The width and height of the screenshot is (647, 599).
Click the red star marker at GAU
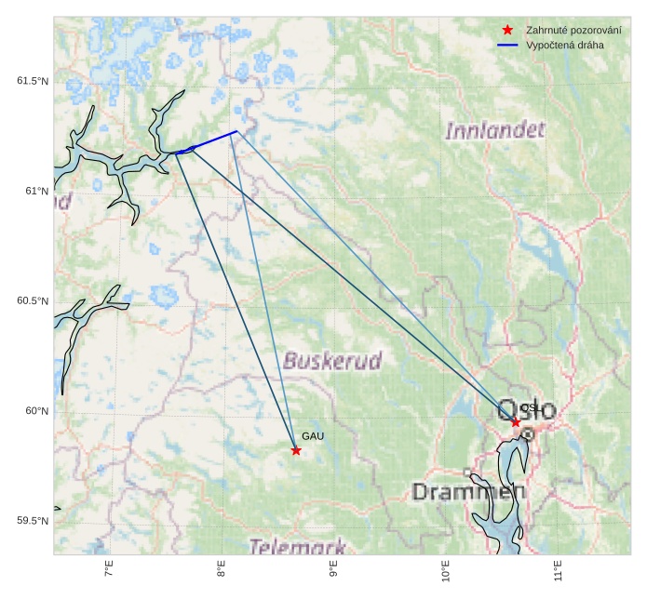(296, 450)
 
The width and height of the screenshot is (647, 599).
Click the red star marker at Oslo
(516, 422)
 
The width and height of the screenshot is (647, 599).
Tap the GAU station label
(313, 436)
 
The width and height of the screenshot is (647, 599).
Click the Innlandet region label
(494, 130)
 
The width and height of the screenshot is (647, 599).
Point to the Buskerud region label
(333, 361)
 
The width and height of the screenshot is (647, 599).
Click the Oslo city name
(527, 409)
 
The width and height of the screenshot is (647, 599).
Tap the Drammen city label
(463, 492)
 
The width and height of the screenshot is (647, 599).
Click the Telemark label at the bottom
(297, 547)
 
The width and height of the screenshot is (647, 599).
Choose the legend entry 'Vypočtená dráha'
(564, 45)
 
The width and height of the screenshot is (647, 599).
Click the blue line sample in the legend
(507, 45)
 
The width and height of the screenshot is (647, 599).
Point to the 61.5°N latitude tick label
(33, 81)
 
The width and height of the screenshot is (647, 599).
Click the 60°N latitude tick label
(35, 411)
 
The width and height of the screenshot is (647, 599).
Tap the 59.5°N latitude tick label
(33, 521)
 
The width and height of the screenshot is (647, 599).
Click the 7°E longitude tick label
(110, 570)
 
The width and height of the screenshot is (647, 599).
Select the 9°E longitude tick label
(333, 570)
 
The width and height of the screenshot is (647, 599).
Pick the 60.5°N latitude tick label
(33, 301)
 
